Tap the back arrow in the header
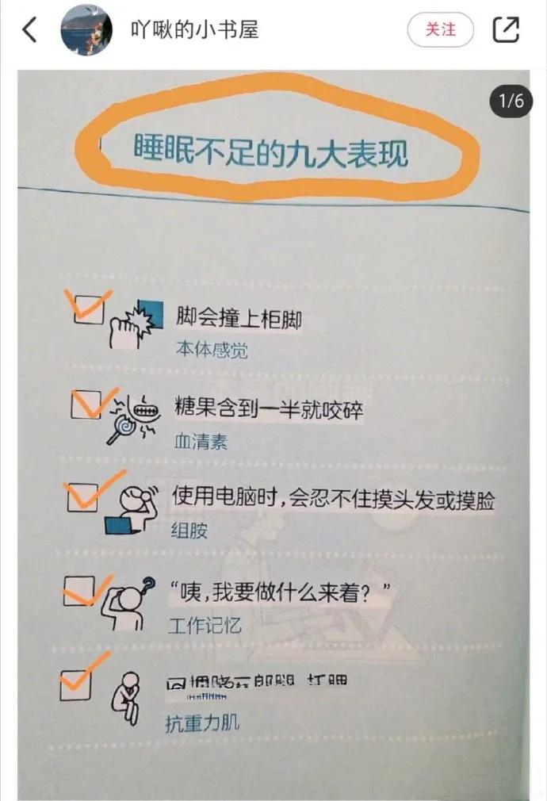click(29, 30)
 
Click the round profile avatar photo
click(86, 30)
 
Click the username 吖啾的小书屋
click(194, 30)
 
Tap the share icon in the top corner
click(506, 30)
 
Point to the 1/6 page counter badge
click(511, 102)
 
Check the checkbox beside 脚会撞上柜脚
click(88, 308)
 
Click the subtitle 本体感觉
click(211, 350)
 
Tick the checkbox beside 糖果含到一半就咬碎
click(86, 404)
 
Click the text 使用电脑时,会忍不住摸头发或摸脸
click(333, 500)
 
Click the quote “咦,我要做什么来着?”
click(281, 592)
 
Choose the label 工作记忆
click(205, 626)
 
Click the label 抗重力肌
click(201, 722)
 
